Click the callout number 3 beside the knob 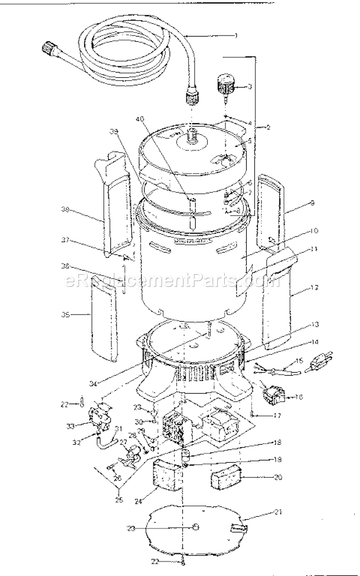click(x=249, y=87)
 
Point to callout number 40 click(x=139, y=118)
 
